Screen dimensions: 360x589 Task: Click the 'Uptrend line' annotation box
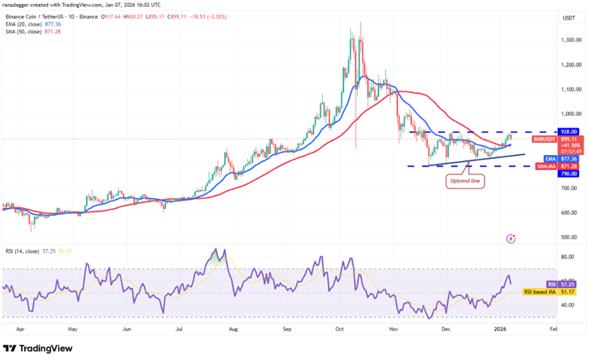(x=464, y=182)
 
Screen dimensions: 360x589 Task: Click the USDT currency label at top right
(x=569, y=17)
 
